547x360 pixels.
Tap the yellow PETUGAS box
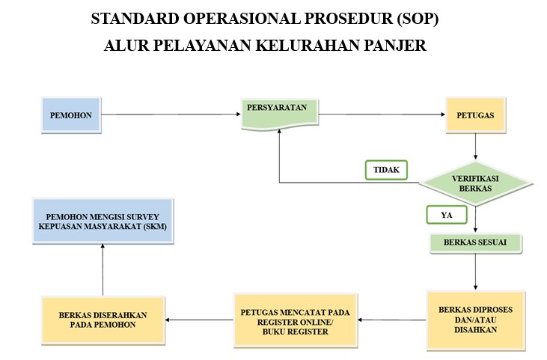pos(474,115)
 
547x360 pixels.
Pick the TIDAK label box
pos(386,170)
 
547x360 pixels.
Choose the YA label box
pos(447,215)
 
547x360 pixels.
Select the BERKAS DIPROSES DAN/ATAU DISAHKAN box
pos(475,320)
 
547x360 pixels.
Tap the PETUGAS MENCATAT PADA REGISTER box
pos(296,320)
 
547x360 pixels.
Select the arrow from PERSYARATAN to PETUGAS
pos(382,115)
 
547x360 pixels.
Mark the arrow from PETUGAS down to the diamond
pos(474,148)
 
